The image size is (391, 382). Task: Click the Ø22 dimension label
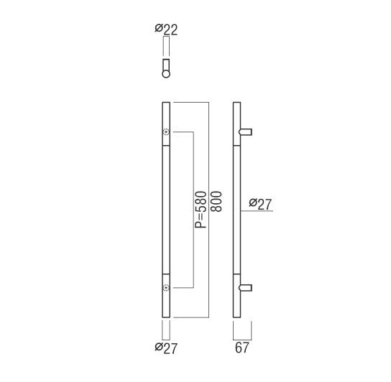pyautogui.click(x=166, y=30)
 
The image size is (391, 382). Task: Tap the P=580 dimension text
pyautogui.click(x=201, y=210)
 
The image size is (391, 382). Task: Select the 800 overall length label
pyautogui.click(x=216, y=201)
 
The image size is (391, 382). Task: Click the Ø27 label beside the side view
pyautogui.click(x=260, y=205)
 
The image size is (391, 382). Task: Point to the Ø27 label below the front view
pyautogui.click(x=166, y=348)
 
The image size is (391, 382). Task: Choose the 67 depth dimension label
pyautogui.click(x=242, y=348)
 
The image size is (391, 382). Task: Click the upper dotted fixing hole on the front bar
pyautogui.click(x=166, y=132)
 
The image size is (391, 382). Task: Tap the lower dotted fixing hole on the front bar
pyautogui.click(x=166, y=288)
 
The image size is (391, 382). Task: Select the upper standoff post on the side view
pyautogui.click(x=246, y=132)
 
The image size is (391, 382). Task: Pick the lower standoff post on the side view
pyautogui.click(x=246, y=288)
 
